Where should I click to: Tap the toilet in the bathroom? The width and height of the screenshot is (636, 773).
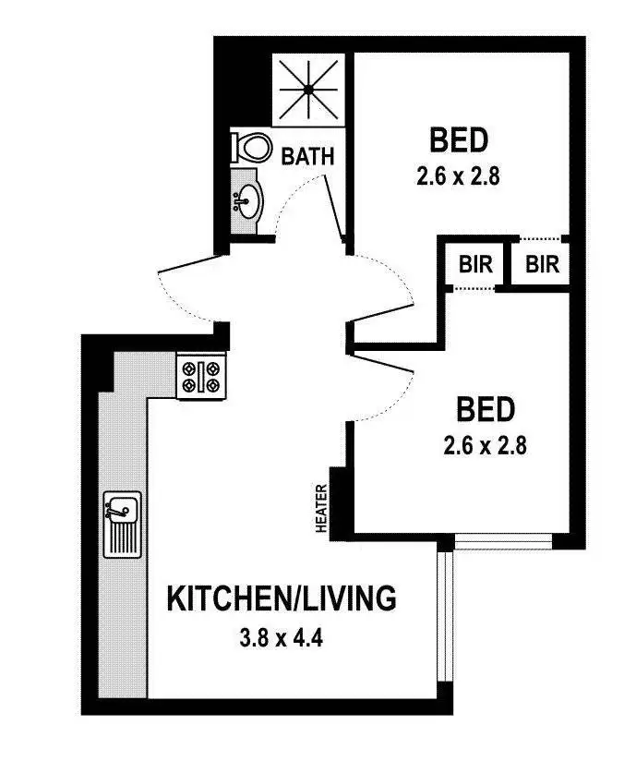coord(251,147)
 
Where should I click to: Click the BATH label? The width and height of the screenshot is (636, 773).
coord(307,156)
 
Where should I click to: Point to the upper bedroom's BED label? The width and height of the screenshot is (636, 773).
coord(458,141)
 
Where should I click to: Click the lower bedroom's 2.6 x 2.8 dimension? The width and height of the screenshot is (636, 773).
coord(485,448)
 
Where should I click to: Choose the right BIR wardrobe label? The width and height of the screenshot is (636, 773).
coord(543,265)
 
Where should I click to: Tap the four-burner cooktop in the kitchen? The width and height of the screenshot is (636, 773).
coord(201,377)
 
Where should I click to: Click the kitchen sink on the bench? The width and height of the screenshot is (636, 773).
coord(122,523)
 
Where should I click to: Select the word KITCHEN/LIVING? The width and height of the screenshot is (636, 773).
coord(282,598)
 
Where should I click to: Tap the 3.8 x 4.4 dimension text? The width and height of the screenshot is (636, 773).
coord(282,636)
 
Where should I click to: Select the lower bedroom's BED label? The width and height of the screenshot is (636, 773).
coord(485,409)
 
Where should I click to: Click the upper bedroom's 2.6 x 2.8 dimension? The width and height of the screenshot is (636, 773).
coord(458,177)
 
